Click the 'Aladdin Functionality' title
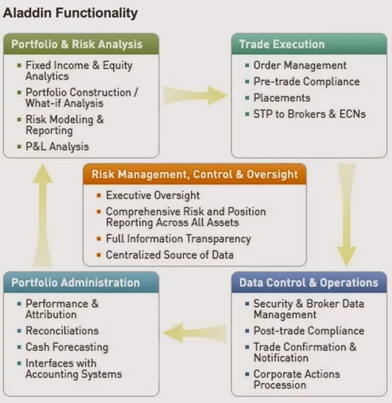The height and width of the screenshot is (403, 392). [x=71, y=13]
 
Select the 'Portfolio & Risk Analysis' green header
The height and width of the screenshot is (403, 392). [x=77, y=44]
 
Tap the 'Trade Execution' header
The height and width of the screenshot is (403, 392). [x=282, y=44]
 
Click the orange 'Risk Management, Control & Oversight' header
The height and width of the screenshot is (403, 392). [x=195, y=174]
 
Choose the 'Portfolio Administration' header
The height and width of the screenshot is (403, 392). [x=76, y=283]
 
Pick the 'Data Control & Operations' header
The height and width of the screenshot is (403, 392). [x=309, y=283]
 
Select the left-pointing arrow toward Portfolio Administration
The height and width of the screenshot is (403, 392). [x=195, y=333]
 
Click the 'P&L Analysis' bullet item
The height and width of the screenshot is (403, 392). [x=57, y=147]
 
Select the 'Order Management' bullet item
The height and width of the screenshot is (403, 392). [x=300, y=65]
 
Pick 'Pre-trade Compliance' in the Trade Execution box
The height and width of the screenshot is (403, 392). [x=306, y=82]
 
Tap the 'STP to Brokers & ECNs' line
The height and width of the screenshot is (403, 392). [x=309, y=114]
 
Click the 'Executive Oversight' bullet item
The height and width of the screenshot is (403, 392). [x=153, y=196]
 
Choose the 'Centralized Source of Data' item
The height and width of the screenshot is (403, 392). [x=170, y=255]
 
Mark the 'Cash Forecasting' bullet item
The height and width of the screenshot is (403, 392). [x=67, y=347]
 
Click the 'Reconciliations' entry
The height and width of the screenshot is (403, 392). [x=62, y=331]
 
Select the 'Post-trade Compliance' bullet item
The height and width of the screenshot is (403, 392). [x=309, y=331]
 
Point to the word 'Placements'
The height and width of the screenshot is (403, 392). [x=282, y=98]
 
